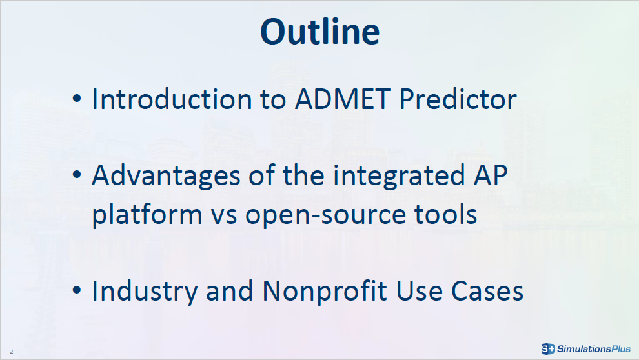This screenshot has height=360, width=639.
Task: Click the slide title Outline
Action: click(320, 32)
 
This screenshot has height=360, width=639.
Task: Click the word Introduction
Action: click(172, 99)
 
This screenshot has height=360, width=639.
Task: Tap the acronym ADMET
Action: click(342, 99)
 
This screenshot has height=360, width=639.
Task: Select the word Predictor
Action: click(458, 99)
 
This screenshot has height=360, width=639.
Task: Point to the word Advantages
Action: click(166, 176)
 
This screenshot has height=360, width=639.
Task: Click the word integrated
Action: click(399, 176)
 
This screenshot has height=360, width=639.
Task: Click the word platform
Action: click(147, 214)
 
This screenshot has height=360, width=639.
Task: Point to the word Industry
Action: click(145, 291)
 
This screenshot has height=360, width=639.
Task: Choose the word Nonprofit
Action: click(325, 291)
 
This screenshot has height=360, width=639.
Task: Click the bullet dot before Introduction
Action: click(77, 98)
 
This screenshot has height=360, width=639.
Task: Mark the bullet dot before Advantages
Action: click(77, 175)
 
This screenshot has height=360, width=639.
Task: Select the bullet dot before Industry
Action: click(77, 290)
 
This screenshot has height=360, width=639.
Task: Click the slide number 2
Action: click(12, 352)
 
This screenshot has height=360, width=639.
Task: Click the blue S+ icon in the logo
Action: click(548, 348)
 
